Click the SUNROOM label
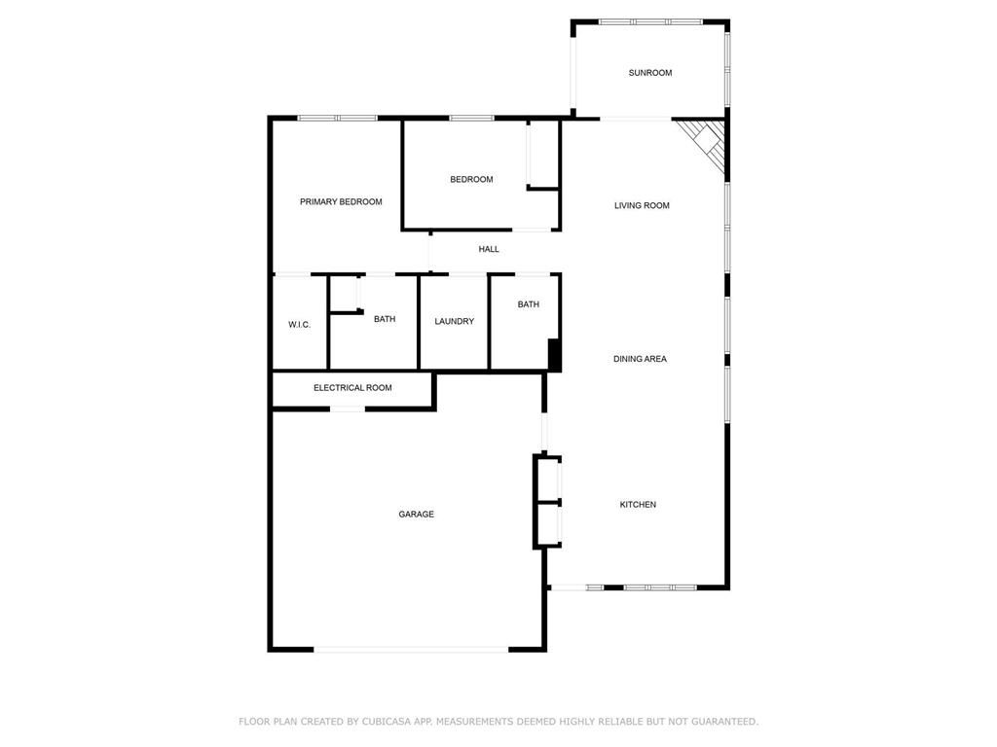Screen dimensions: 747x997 click(x=649, y=73)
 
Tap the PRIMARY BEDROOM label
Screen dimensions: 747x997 click(x=341, y=202)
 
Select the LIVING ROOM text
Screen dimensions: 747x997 click(x=642, y=205)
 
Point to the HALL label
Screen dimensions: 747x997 click(x=489, y=249)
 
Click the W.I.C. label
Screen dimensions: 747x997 click(x=299, y=325)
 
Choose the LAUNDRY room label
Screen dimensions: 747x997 click(x=454, y=321)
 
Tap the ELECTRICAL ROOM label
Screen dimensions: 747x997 click(x=352, y=388)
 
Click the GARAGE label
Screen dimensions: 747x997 click(x=416, y=515)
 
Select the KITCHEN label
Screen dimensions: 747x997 click(x=638, y=505)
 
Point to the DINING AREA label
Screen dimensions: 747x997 click(x=640, y=359)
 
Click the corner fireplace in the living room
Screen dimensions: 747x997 click(x=708, y=144)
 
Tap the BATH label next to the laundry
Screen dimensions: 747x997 click(x=528, y=304)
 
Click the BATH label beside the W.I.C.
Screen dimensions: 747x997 click(x=385, y=319)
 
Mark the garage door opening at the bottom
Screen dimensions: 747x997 click(x=410, y=649)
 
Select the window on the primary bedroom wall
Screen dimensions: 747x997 click(x=337, y=119)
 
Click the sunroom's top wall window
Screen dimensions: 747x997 click(x=648, y=21)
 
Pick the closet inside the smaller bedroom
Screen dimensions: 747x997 click(x=541, y=154)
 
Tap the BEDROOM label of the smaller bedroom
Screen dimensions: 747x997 click(x=471, y=179)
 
